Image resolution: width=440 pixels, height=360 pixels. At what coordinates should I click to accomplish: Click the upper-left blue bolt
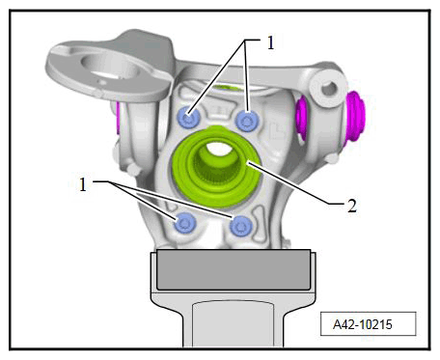click(x=189, y=118)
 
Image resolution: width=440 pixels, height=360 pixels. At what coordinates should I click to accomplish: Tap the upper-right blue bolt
click(x=247, y=121)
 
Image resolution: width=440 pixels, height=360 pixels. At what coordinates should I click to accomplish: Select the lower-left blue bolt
click(x=185, y=223)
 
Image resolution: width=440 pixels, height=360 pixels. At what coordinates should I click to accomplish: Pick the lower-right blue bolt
click(x=241, y=226)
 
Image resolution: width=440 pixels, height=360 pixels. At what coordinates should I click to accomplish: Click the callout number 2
click(x=352, y=206)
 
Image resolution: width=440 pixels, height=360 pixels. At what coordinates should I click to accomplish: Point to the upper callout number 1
click(x=271, y=42)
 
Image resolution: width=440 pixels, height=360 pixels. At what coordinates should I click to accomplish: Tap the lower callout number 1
click(x=83, y=184)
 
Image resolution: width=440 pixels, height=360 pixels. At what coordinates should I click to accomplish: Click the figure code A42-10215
click(x=363, y=324)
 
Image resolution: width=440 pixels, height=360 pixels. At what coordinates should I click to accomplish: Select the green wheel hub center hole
click(x=216, y=149)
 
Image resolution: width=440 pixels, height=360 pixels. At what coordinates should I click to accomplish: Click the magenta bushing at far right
click(x=356, y=116)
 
